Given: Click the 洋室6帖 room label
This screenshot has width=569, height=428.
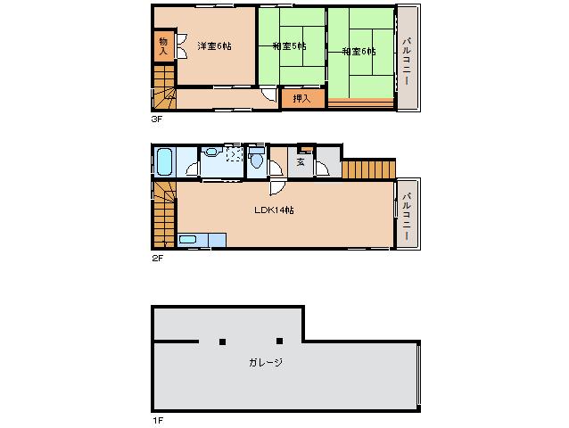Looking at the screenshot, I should (214, 46).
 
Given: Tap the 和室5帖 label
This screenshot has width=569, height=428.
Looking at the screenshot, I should (290, 46).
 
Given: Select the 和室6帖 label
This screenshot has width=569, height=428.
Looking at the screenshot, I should (359, 52).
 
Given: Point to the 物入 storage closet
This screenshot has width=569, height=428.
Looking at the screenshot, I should (163, 46).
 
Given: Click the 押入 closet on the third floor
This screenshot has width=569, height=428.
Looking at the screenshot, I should (302, 97).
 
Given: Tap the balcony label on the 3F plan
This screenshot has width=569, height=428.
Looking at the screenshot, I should (406, 59).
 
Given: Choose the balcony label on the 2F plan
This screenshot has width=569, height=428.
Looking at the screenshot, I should (406, 214).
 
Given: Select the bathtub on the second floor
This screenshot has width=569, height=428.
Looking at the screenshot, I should (163, 162).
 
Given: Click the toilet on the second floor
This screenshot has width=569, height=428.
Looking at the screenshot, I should (257, 161).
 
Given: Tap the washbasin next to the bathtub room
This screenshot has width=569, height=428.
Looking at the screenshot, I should (211, 152).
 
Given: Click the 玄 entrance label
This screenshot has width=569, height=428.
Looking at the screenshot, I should (301, 161).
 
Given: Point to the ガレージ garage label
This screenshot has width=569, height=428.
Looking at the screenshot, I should (266, 362).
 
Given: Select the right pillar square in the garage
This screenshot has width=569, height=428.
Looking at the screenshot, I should (279, 341).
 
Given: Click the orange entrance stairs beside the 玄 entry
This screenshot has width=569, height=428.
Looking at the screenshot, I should (367, 169).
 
